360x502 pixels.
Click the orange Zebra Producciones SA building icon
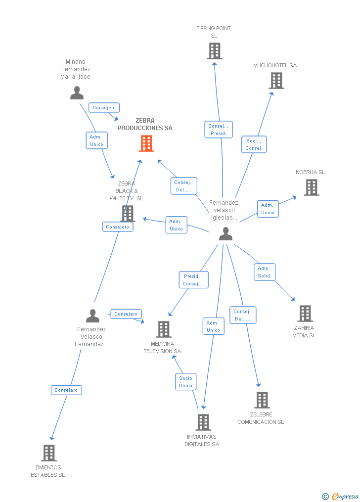pyautogui.click(x=146, y=143)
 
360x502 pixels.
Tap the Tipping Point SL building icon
pyautogui.click(x=215, y=50)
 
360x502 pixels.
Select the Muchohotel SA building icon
pyautogui.click(x=276, y=80)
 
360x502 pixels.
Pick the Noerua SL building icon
pyautogui.click(x=311, y=187)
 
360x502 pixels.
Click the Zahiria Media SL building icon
pyautogui.click(x=305, y=313)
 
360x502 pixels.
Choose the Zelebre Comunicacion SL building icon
pyautogui.click(x=262, y=400)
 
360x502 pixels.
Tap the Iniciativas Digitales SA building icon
pyautogui.click(x=203, y=422)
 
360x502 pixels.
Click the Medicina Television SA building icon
pyautogui.click(x=163, y=329)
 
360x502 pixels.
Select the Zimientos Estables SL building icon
pyautogui.click(x=48, y=453)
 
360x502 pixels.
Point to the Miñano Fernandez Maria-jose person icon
pyautogui.click(x=77, y=93)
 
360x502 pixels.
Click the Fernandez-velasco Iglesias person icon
pyautogui.click(x=225, y=234)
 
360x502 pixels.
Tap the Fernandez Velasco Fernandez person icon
pyautogui.click(x=92, y=316)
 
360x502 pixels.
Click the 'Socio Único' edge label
pyautogui.click(x=186, y=382)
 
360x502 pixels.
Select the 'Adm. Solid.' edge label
pyautogui.click(x=265, y=272)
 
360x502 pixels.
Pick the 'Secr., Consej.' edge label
pyautogui.click(x=254, y=144)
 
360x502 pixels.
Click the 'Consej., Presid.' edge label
pyautogui.click(x=218, y=130)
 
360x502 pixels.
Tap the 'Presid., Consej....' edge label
pyautogui.click(x=193, y=280)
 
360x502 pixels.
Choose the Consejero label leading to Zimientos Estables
pyautogui.click(x=66, y=390)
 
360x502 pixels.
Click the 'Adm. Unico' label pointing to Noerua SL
pyautogui.click(x=268, y=209)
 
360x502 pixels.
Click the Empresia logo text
pyautogui.click(x=345, y=496)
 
